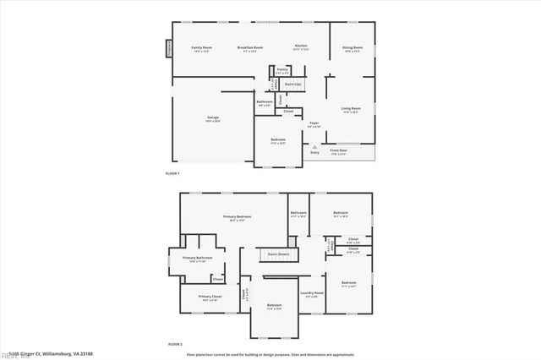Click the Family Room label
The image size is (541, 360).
(201, 47)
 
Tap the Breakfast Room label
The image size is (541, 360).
(250, 47)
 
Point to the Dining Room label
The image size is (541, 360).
(352, 47)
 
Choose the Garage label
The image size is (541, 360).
(213, 117)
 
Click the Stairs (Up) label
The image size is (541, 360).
(293, 85)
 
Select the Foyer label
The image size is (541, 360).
(313, 123)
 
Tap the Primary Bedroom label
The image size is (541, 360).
(239, 218)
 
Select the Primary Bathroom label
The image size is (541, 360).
(195, 259)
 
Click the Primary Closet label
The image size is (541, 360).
(210, 297)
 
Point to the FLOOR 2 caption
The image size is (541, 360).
(175, 345)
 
